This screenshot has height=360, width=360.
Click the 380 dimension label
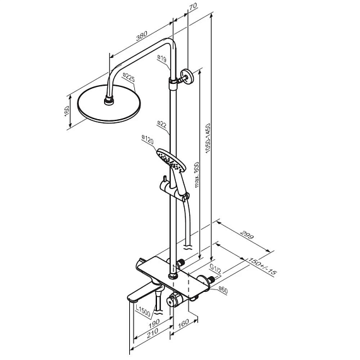pyautogui.click(x=141, y=36)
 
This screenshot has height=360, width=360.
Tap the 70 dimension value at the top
pyautogui.click(x=193, y=6)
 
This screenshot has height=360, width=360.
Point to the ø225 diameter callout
pyautogui.click(x=129, y=77)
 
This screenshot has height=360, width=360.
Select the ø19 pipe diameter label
pyautogui.click(x=162, y=59)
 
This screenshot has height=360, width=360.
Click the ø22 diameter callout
pyautogui.click(x=162, y=124)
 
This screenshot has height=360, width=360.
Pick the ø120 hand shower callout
pyautogui.click(x=148, y=140)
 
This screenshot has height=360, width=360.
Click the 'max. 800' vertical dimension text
pyautogui.click(x=197, y=175)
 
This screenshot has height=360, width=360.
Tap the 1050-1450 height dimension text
pyautogui.click(x=208, y=138)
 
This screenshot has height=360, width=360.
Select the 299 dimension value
pyautogui.click(x=247, y=234)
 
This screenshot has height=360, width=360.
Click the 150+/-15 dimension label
pyautogui.click(x=262, y=266)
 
